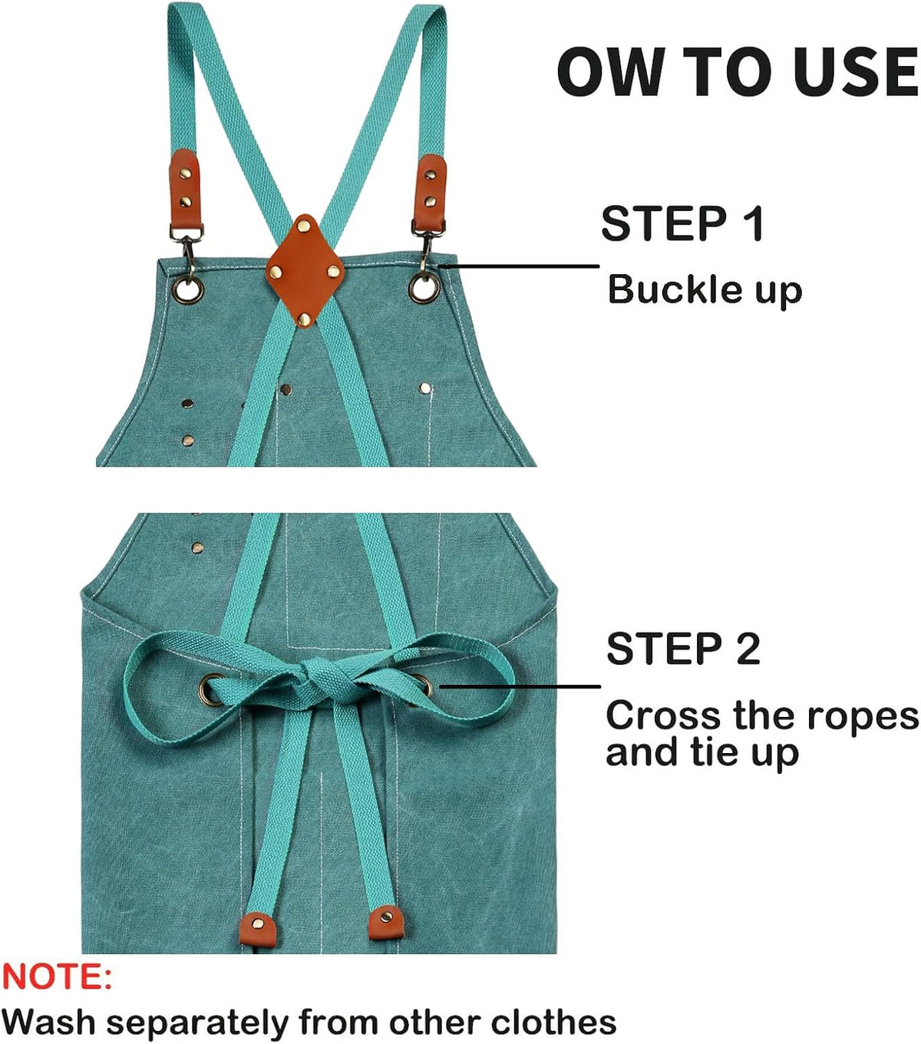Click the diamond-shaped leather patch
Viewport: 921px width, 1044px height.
pyautogui.click(x=305, y=271)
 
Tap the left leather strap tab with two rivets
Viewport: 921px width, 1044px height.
pyautogui.click(x=184, y=190)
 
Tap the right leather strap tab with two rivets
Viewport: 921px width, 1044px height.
pyautogui.click(x=431, y=192)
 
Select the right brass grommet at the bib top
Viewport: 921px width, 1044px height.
pyautogui.click(x=424, y=289)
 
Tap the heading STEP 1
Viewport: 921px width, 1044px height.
pyautogui.click(x=682, y=223)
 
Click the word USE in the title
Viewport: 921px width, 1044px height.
pyautogui.click(x=856, y=71)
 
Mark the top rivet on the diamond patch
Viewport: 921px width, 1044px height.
pyautogui.click(x=304, y=225)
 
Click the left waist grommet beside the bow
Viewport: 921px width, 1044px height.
pyautogui.click(x=211, y=689)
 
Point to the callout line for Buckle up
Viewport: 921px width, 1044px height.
pyautogui.click(x=519, y=266)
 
